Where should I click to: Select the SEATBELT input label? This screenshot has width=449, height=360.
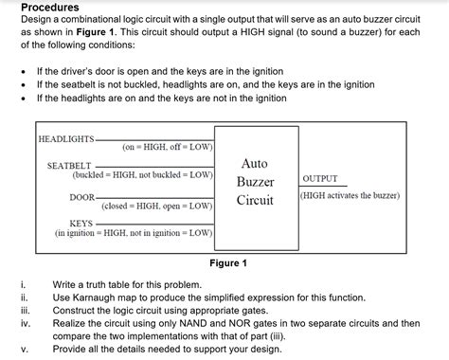click(69, 166)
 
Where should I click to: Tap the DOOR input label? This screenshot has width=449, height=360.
click(81, 196)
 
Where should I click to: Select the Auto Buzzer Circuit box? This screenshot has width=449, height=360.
click(255, 182)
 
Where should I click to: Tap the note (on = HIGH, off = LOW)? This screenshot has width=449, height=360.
click(167, 148)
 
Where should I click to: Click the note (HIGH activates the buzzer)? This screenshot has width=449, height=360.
click(350, 195)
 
